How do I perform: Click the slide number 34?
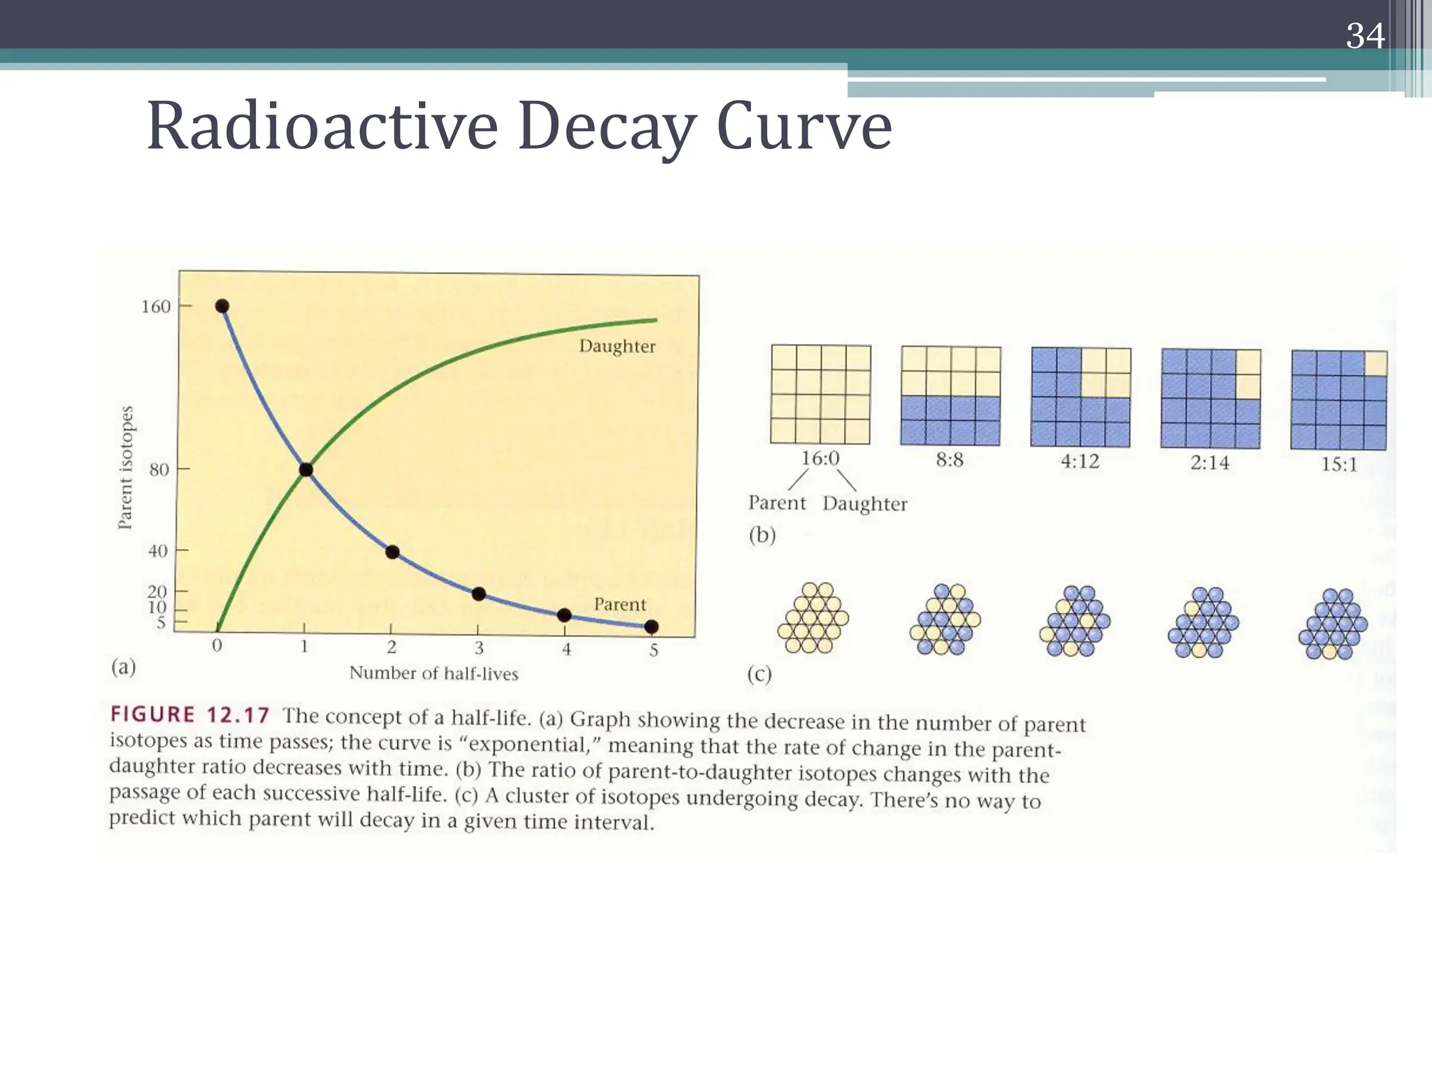click(1364, 36)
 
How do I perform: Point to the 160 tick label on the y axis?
click(155, 307)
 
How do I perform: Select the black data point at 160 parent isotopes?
click(222, 306)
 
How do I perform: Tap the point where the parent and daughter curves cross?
click(306, 469)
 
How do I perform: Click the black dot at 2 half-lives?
click(392, 552)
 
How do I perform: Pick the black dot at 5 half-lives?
click(651, 626)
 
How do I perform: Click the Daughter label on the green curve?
click(617, 346)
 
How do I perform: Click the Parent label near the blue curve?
click(620, 604)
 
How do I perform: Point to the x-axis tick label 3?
click(479, 649)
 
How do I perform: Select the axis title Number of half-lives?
click(434, 673)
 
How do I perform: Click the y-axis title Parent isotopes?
click(125, 467)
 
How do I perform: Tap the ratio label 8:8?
click(950, 460)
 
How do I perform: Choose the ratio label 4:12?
click(1080, 461)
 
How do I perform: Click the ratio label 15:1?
click(1338, 464)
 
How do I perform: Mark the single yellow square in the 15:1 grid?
click(1375, 364)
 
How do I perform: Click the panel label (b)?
click(762, 536)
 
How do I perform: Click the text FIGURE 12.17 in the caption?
click(189, 715)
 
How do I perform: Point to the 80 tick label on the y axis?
click(159, 470)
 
